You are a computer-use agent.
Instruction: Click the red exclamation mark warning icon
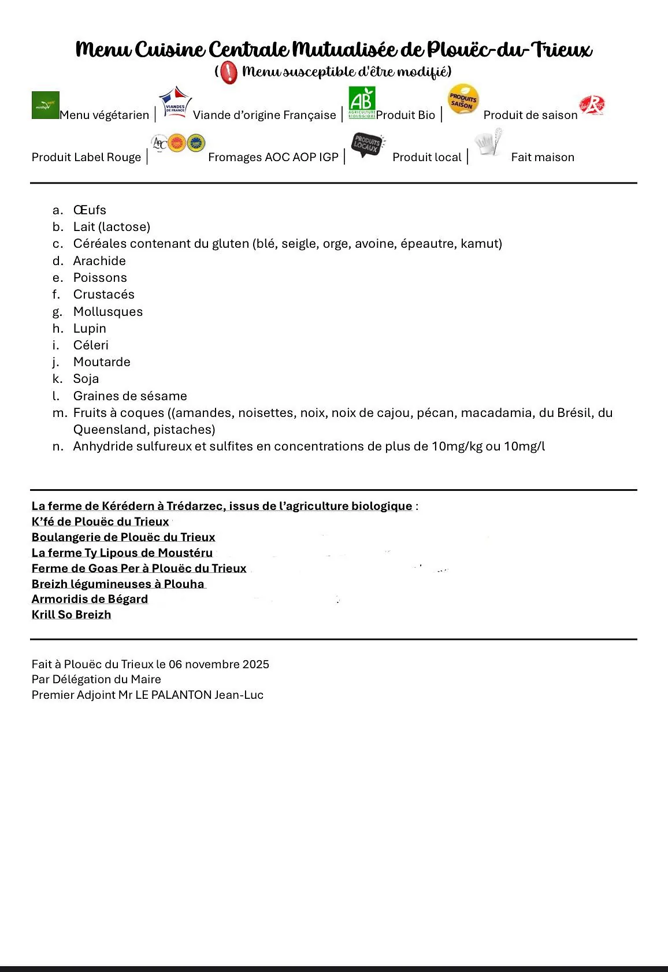pyautogui.click(x=229, y=72)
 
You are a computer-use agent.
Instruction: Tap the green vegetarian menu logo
pyautogui.click(x=46, y=105)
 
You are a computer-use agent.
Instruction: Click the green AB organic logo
pyautogui.click(x=362, y=102)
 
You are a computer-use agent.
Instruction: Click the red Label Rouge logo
pyautogui.click(x=592, y=105)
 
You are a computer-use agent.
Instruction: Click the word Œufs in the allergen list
pyautogui.click(x=90, y=210)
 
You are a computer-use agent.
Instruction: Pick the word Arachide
pyautogui.click(x=99, y=260)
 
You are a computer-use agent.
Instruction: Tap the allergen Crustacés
pyautogui.click(x=103, y=295)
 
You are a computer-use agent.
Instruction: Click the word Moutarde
pyautogui.click(x=102, y=362)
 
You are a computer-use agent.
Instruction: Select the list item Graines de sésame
pyautogui.click(x=130, y=396)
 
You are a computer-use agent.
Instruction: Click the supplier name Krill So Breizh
pyautogui.click(x=71, y=615)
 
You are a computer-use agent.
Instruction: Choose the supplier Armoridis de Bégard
pyautogui.click(x=90, y=599)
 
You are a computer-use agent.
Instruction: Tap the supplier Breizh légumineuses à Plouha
pyautogui.click(x=118, y=584)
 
